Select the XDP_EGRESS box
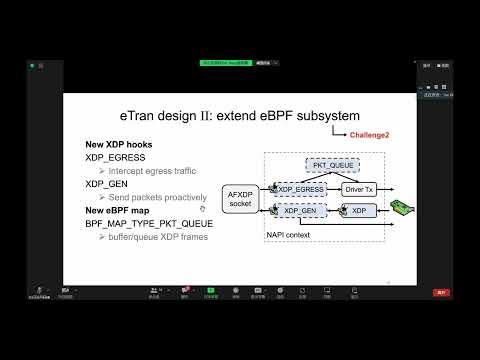click(x=301, y=188)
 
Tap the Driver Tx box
click(x=358, y=188)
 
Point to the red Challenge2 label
click(x=370, y=134)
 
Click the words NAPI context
click(x=291, y=235)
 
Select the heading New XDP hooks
click(x=119, y=146)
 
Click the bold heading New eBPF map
click(x=120, y=210)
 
